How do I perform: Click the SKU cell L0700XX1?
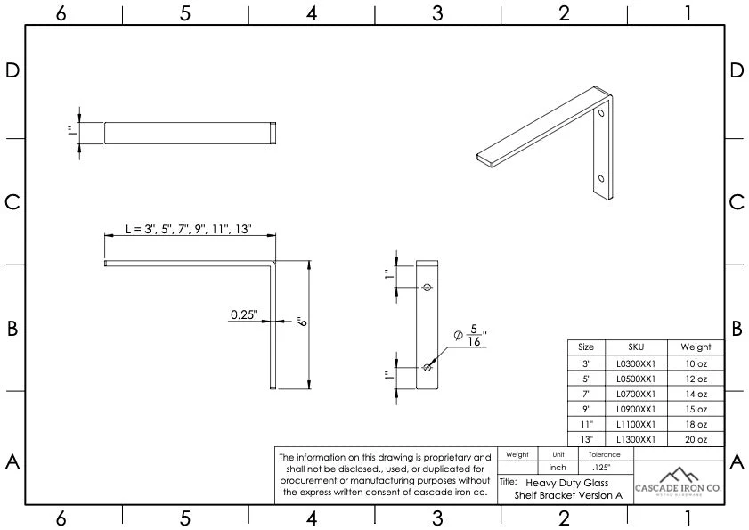(635, 393)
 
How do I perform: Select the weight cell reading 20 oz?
(696, 439)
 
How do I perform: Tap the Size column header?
(585, 347)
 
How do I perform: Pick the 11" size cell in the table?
(585, 424)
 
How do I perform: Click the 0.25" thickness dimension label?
(243, 314)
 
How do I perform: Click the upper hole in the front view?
(427, 288)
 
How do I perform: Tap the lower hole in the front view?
(427, 367)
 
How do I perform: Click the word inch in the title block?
(558, 467)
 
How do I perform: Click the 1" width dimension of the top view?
(70, 133)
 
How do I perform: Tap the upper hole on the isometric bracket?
(601, 114)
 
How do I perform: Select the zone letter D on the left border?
(12, 71)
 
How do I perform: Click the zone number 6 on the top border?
(61, 12)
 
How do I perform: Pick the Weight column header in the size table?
(696, 347)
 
